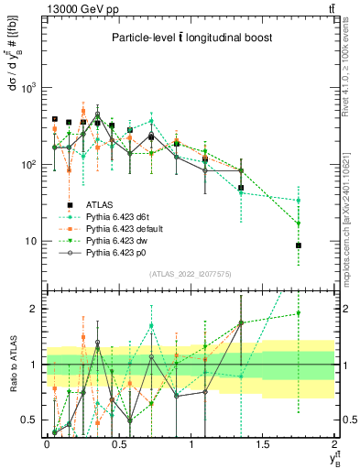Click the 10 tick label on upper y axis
(x=33, y=242)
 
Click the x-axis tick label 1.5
(x=263, y=443)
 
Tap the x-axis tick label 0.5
(x=119, y=443)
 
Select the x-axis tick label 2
(x=334, y=443)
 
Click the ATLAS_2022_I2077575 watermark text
(x=191, y=274)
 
